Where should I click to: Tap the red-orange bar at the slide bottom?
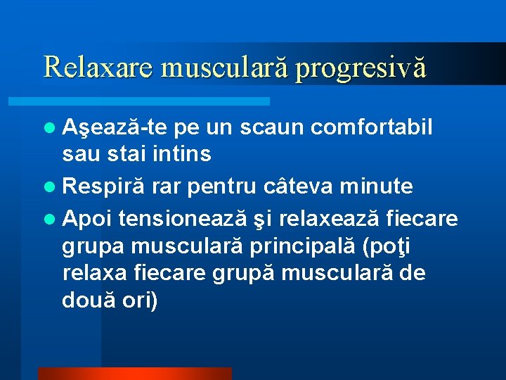(x=134, y=374)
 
